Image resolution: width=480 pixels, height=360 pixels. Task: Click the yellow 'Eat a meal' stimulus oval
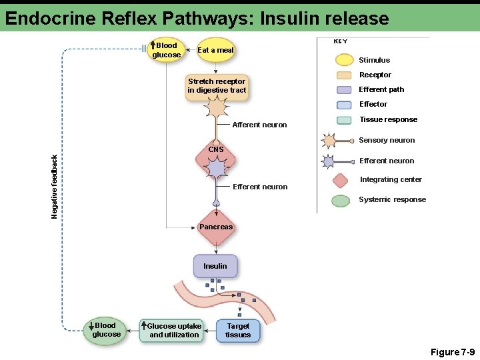pyautogui.click(x=216, y=50)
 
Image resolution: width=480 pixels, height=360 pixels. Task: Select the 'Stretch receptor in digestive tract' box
pyautogui.click(x=217, y=86)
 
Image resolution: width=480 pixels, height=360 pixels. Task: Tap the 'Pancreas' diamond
pyautogui.click(x=216, y=227)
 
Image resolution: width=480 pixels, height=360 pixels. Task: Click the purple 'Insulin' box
pyautogui.click(x=215, y=266)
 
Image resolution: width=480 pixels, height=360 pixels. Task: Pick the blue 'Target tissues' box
pyautogui.click(x=238, y=330)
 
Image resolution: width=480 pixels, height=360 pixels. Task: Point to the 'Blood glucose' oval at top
pyautogui.click(x=166, y=50)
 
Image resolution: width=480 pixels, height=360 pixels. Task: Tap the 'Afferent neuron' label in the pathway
pyautogui.click(x=259, y=125)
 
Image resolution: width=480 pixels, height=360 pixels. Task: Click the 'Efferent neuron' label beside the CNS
pyautogui.click(x=260, y=187)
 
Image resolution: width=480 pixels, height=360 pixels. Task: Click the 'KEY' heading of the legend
pyautogui.click(x=340, y=41)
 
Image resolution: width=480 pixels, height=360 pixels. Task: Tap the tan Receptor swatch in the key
pyautogui.click(x=344, y=75)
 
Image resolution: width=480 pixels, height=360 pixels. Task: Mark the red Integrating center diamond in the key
pyautogui.click(x=341, y=180)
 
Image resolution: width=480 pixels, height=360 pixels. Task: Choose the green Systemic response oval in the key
pyautogui.click(x=341, y=200)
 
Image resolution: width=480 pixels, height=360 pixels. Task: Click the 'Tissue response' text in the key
pyautogui.click(x=388, y=119)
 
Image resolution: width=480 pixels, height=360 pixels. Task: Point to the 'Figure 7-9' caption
pyautogui.click(x=452, y=351)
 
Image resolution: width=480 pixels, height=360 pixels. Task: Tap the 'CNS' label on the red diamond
pyautogui.click(x=215, y=149)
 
